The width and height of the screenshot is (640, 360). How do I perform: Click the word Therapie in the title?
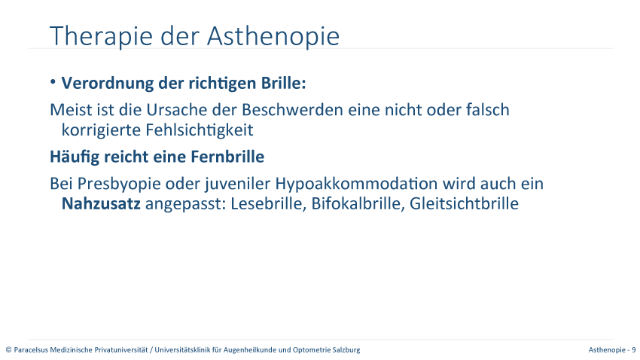[x=101, y=37]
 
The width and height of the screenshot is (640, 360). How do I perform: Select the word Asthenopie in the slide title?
[x=273, y=37]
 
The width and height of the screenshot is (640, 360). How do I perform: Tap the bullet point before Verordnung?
[x=53, y=82]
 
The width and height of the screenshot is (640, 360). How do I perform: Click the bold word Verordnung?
[x=108, y=83]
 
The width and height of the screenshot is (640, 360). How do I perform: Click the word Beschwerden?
[x=292, y=110]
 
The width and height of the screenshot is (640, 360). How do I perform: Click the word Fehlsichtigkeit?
[x=200, y=130]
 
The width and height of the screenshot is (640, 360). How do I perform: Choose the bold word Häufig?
[x=75, y=157]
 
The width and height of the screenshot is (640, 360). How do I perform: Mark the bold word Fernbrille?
[x=227, y=157]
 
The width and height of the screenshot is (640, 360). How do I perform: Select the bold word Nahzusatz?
[x=101, y=203]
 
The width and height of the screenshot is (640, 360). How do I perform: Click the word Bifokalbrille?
[x=358, y=203]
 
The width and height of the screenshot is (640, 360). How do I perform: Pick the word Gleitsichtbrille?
[x=464, y=203]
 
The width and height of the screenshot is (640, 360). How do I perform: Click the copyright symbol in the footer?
[x=8, y=349]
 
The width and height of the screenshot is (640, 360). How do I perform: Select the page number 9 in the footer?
[x=634, y=349]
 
